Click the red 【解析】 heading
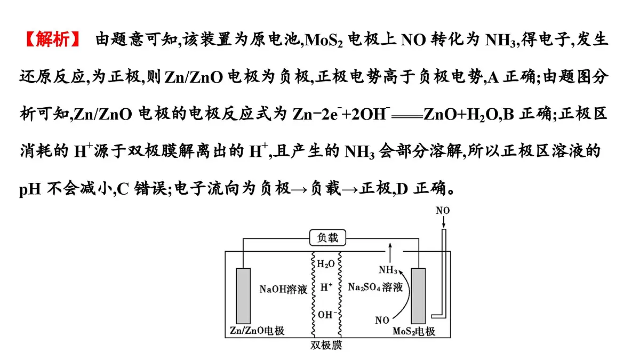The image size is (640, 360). click(53, 39)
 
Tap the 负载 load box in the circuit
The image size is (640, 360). click(327, 238)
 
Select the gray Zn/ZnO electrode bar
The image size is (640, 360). click(243, 296)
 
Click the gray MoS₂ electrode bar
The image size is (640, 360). click(418, 296)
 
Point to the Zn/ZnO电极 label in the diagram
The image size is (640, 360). click(257, 331)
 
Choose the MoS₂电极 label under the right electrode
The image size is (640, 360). click(414, 331)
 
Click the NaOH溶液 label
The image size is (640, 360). click(283, 289)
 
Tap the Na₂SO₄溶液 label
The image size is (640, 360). click(375, 287)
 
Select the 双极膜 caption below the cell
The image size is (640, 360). click(326, 346)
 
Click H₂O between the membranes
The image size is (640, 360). click(326, 263)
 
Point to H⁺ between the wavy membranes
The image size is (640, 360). click(326, 287)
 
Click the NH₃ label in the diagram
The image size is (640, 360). click(388, 270)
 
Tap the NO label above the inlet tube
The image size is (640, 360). click(443, 211)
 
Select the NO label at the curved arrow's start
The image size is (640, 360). click(382, 321)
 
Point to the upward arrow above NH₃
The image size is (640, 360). click(390, 253)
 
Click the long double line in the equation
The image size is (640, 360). click(407, 117)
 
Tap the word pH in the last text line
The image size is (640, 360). click(30, 189)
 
